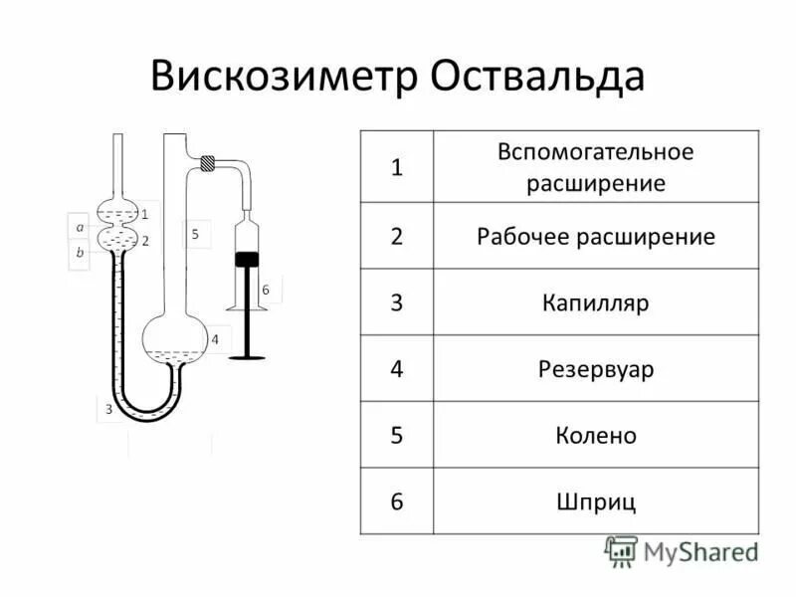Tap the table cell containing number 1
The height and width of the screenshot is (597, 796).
click(x=396, y=167)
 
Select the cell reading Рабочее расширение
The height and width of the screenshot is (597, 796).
click(x=596, y=237)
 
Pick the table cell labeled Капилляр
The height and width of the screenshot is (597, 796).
click(x=596, y=302)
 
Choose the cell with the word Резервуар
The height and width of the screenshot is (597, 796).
click(x=596, y=369)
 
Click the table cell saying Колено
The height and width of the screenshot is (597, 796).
click(x=596, y=435)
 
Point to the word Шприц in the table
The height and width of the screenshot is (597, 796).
click(x=596, y=501)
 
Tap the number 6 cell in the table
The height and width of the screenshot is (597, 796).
click(x=396, y=501)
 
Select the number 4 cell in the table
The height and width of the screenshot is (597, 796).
click(x=396, y=369)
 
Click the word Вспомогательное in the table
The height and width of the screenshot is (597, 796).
click(x=596, y=153)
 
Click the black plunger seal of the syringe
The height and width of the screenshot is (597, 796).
click(x=247, y=259)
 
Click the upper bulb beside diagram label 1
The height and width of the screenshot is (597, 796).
click(x=118, y=213)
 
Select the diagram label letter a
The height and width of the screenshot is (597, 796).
click(x=80, y=227)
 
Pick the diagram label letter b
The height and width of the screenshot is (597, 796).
click(x=80, y=253)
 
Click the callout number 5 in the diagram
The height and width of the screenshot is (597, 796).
click(x=195, y=234)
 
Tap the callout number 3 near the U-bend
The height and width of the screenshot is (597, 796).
click(x=108, y=409)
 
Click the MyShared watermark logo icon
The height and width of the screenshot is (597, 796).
click(x=621, y=550)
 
